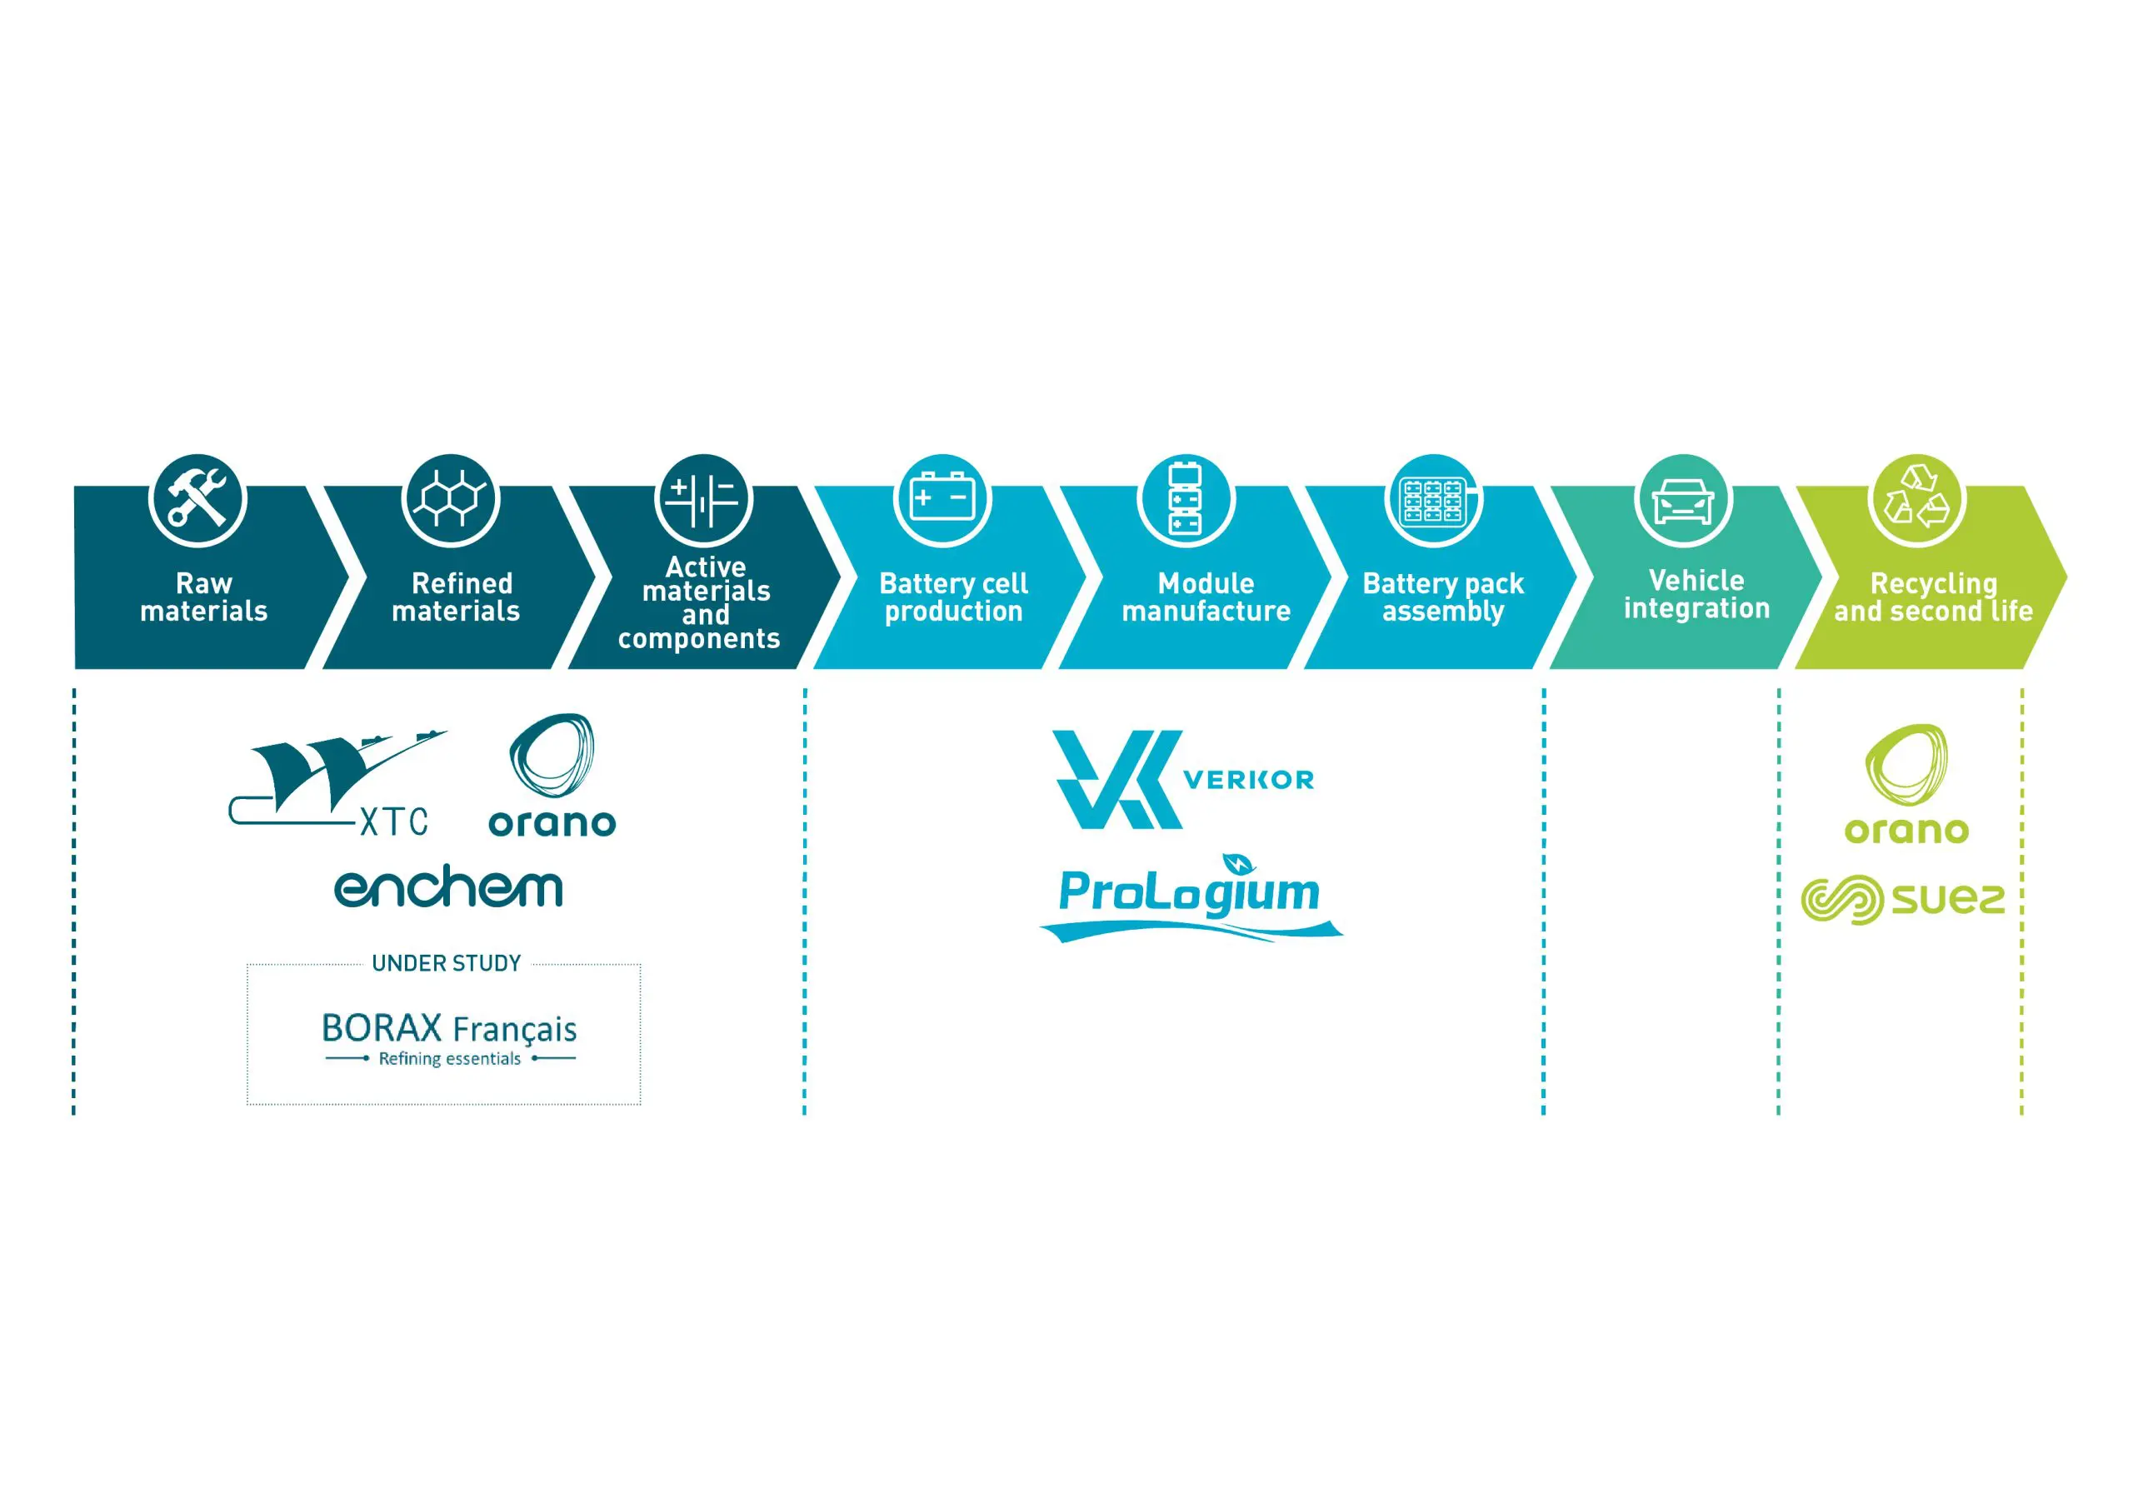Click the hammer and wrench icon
(197, 500)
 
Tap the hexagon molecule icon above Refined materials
(451, 499)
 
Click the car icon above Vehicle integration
(1682, 501)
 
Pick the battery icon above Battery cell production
(942, 498)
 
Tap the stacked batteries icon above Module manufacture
(1185, 499)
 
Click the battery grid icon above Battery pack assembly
(1432, 501)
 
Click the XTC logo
(337, 782)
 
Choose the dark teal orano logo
(552, 775)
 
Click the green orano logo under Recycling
(1906, 784)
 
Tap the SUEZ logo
(1902, 900)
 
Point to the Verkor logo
(1182, 779)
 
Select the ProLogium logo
(1190, 896)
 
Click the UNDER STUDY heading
(446, 963)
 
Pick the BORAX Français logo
(449, 1039)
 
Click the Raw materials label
(203, 597)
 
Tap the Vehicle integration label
(1696, 594)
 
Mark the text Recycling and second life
(1933, 597)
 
